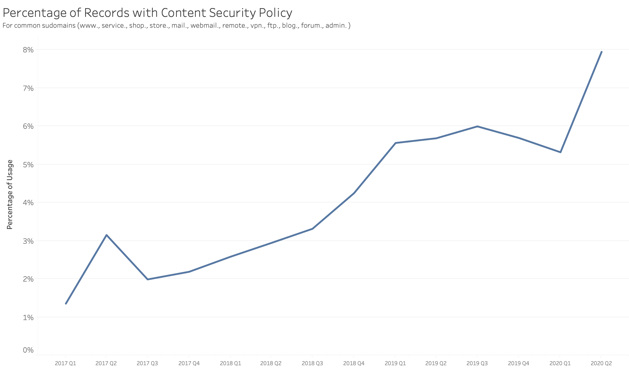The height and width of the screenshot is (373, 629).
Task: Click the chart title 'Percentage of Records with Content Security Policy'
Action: (147, 13)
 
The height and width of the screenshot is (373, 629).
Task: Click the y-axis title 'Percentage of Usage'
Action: (10, 194)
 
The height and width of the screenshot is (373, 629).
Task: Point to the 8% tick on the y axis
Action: (28, 50)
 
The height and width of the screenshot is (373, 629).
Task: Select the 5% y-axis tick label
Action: (28, 165)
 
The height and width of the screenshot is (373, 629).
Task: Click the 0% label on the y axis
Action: (28, 350)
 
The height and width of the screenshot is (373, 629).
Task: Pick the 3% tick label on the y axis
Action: (28, 241)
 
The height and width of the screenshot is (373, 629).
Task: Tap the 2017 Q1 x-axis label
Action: (66, 363)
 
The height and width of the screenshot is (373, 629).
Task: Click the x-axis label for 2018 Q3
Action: (312, 363)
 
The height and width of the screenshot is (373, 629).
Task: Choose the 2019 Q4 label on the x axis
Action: (518, 363)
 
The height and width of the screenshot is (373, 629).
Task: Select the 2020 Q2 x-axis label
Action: (601, 363)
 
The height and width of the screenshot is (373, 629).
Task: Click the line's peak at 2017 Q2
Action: (106, 235)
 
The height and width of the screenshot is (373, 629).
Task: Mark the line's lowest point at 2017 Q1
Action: (66, 304)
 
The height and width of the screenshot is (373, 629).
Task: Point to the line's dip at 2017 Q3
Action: (148, 279)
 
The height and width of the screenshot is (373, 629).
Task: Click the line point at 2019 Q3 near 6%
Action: (477, 126)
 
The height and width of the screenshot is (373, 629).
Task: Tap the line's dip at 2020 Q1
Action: (560, 152)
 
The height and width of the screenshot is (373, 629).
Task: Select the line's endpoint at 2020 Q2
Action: (601, 52)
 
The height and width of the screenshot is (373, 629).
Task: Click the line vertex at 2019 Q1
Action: (395, 143)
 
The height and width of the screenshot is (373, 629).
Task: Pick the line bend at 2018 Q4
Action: (354, 193)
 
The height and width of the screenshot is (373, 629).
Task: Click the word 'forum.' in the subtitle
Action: (312, 26)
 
